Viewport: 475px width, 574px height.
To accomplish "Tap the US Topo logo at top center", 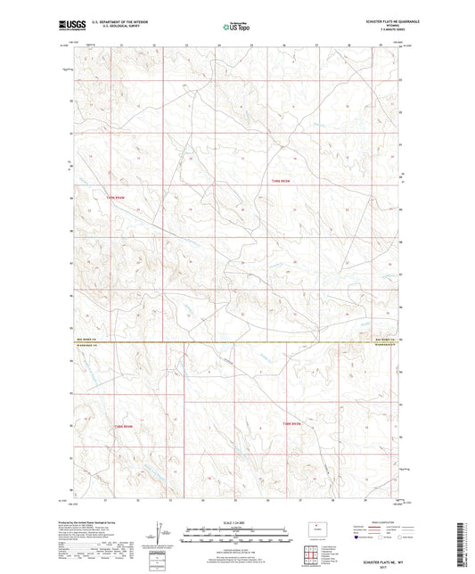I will [236, 28].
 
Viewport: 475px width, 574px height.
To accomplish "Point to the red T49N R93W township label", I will [282, 181].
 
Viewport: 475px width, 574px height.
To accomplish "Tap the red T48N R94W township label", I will [121, 427].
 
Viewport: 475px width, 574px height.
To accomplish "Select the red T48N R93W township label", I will [293, 422].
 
